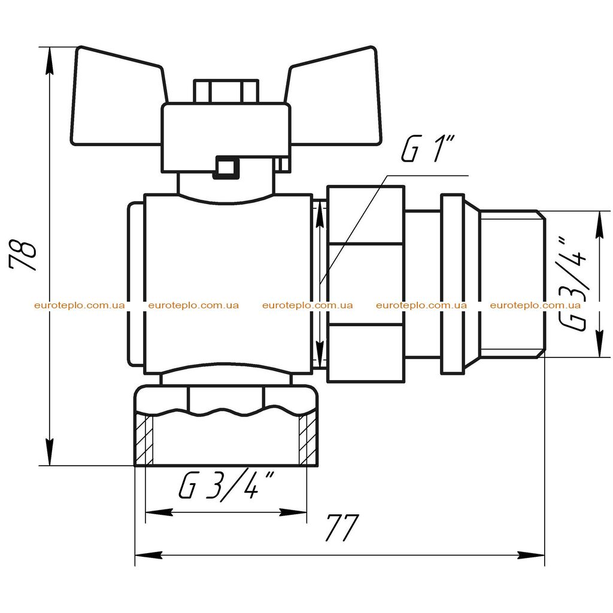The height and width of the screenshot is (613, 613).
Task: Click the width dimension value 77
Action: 342,527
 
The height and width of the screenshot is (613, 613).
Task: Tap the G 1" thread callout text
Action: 428,148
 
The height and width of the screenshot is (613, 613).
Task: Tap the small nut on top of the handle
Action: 226,92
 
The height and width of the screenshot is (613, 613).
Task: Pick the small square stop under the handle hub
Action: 224,168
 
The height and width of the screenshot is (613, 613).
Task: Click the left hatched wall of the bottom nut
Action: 145,440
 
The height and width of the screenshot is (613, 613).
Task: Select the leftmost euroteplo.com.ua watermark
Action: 80,305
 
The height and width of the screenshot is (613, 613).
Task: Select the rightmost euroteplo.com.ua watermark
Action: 535,305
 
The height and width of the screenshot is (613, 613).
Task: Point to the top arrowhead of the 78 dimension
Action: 49,60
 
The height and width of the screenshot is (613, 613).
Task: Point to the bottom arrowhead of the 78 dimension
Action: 49,452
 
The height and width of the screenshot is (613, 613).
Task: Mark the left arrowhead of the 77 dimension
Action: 148,555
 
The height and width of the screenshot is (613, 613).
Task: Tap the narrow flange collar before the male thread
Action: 453,284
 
